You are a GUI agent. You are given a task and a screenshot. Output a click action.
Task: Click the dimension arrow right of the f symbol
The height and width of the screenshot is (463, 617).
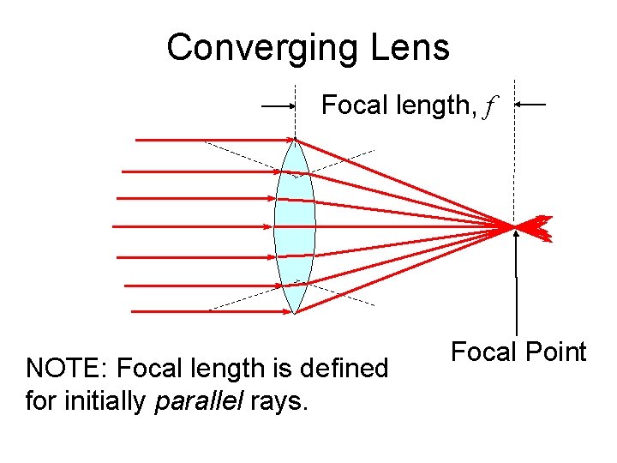(x=531, y=105)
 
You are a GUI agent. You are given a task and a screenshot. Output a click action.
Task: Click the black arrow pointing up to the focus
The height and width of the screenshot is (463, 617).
(x=516, y=283)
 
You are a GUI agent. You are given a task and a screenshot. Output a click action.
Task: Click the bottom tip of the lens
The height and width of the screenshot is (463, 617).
(x=295, y=313)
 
